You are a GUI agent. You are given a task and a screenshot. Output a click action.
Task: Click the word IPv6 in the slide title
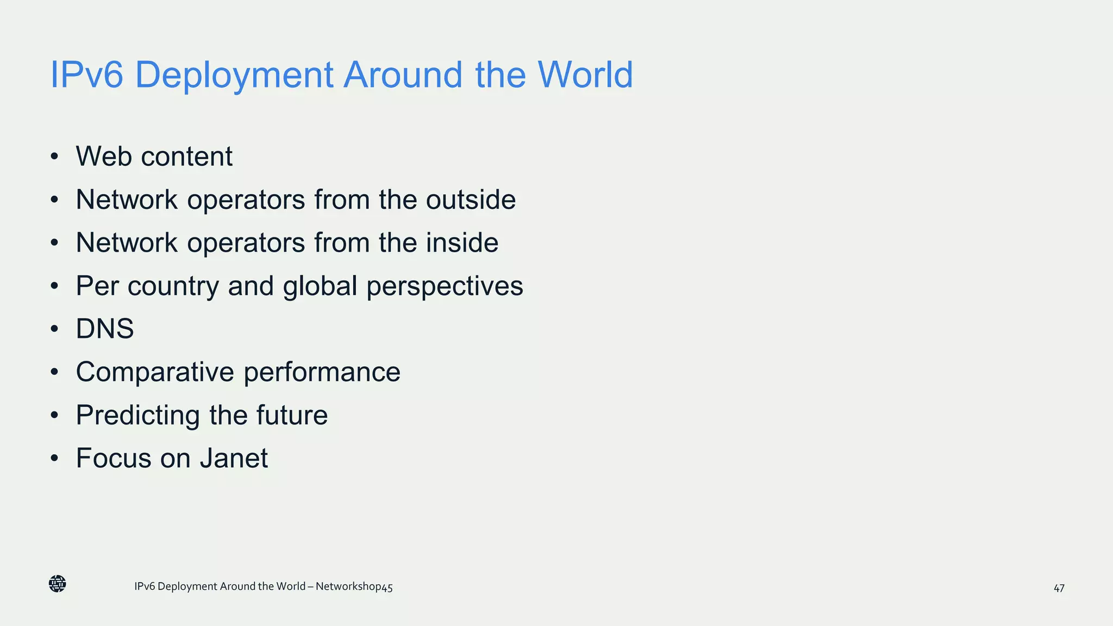[x=86, y=74]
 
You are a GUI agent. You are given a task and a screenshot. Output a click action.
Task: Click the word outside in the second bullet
[x=471, y=199]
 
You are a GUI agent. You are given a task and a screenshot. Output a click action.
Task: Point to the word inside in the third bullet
[x=462, y=242]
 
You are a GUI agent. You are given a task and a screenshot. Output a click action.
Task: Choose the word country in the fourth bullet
[x=173, y=286]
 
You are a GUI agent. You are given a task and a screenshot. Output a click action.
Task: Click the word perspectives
[x=445, y=286]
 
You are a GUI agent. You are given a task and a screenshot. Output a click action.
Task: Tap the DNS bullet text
[x=105, y=329]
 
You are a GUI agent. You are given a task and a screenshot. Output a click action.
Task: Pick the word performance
[x=322, y=372]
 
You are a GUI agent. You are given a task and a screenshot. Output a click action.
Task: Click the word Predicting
[x=138, y=416]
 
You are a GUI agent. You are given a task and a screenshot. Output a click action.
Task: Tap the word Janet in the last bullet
[x=234, y=458]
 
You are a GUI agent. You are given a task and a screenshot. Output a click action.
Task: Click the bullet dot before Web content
[x=54, y=157]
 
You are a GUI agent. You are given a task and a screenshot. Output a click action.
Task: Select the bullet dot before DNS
[x=54, y=329]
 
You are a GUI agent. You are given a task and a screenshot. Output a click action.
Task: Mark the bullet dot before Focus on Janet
[x=54, y=459]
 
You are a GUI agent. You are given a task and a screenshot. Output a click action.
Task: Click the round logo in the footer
[x=57, y=584]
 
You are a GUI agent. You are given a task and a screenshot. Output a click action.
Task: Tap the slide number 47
[x=1059, y=588]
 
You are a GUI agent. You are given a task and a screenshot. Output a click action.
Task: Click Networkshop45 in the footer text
[x=354, y=587]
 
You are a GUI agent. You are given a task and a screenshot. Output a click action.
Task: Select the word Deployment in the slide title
[x=234, y=75]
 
